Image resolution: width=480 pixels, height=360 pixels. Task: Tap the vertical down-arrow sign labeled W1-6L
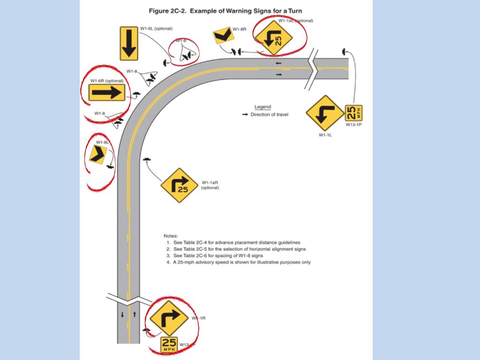129,44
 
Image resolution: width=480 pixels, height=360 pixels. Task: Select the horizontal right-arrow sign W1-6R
107,93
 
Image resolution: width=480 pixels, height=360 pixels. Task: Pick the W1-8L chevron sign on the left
98,153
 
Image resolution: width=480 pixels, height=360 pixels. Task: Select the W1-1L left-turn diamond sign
325,113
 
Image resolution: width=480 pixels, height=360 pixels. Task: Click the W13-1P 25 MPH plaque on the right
353,113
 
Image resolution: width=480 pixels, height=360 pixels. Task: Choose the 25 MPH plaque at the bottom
169,345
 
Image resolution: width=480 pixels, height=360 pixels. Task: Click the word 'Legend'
262,107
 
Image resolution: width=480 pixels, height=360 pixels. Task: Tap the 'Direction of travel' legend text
269,114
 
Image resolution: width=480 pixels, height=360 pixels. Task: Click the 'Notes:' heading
171,235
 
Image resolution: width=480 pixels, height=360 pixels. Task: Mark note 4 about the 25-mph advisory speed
238,262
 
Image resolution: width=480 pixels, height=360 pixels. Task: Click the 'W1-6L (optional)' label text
157,29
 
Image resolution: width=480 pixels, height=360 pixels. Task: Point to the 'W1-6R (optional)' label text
107,81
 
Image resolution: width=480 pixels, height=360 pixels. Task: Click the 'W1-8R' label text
239,29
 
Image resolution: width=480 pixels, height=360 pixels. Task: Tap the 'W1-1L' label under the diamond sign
325,135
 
